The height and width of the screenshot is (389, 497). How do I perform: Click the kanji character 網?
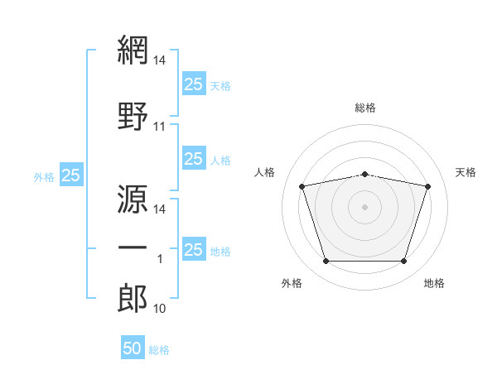pyautogui.click(x=133, y=50)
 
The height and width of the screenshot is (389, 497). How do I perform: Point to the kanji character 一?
pyautogui.click(x=133, y=247)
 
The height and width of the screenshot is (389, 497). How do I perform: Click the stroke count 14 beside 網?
pyautogui.click(x=160, y=60)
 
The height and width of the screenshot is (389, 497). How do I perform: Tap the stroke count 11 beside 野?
pyautogui.click(x=160, y=127)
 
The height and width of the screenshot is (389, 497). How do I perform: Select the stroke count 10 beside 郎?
pyautogui.click(x=160, y=309)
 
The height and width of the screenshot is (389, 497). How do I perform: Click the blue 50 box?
pyautogui.click(x=133, y=348)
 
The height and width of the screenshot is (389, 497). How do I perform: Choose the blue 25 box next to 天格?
pyautogui.click(x=193, y=84)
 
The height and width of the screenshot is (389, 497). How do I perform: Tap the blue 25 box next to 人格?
pyautogui.click(x=193, y=159)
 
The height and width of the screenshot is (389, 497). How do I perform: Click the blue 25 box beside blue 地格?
pyautogui.click(x=193, y=249)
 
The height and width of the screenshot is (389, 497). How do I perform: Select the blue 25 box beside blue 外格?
pyautogui.click(x=71, y=175)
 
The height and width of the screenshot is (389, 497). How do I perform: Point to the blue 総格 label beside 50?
pyautogui.click(x=159, y=350)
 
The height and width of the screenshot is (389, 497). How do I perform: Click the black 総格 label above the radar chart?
pyautogui.click(x=365, y=108)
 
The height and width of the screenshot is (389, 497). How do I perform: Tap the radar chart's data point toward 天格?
pyautogui.click(x=427, y=186)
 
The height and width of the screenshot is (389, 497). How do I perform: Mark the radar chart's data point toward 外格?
pyautogui.click(x=326, y=262)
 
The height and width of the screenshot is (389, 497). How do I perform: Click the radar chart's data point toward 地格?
pyautogui.click(x=403, y=262)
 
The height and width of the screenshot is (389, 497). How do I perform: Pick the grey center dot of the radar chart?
pyautogui.click(x=364, y=207)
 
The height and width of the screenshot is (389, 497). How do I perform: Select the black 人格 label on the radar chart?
pyautogui.click(x=265, y=172)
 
